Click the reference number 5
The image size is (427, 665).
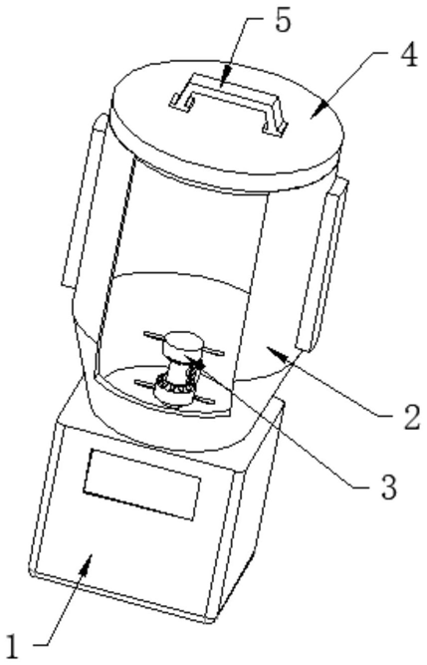click(283, 20)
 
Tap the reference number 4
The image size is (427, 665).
click(409, 55)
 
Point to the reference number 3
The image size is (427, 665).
click(389, 487)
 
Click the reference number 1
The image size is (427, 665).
click(13, 646)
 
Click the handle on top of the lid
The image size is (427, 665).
click(229, 103)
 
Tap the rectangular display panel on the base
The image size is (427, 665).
click(141, 484)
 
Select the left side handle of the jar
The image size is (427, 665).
click(86, 199)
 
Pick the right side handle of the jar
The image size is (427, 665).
click(322, 264)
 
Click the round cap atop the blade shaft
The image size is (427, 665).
click(183, 344)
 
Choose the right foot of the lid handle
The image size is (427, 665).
click(274, 128)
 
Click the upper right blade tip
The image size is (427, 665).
click(222, 352)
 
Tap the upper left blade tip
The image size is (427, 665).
click(146, 334)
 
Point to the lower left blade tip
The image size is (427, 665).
click(138, 382)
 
